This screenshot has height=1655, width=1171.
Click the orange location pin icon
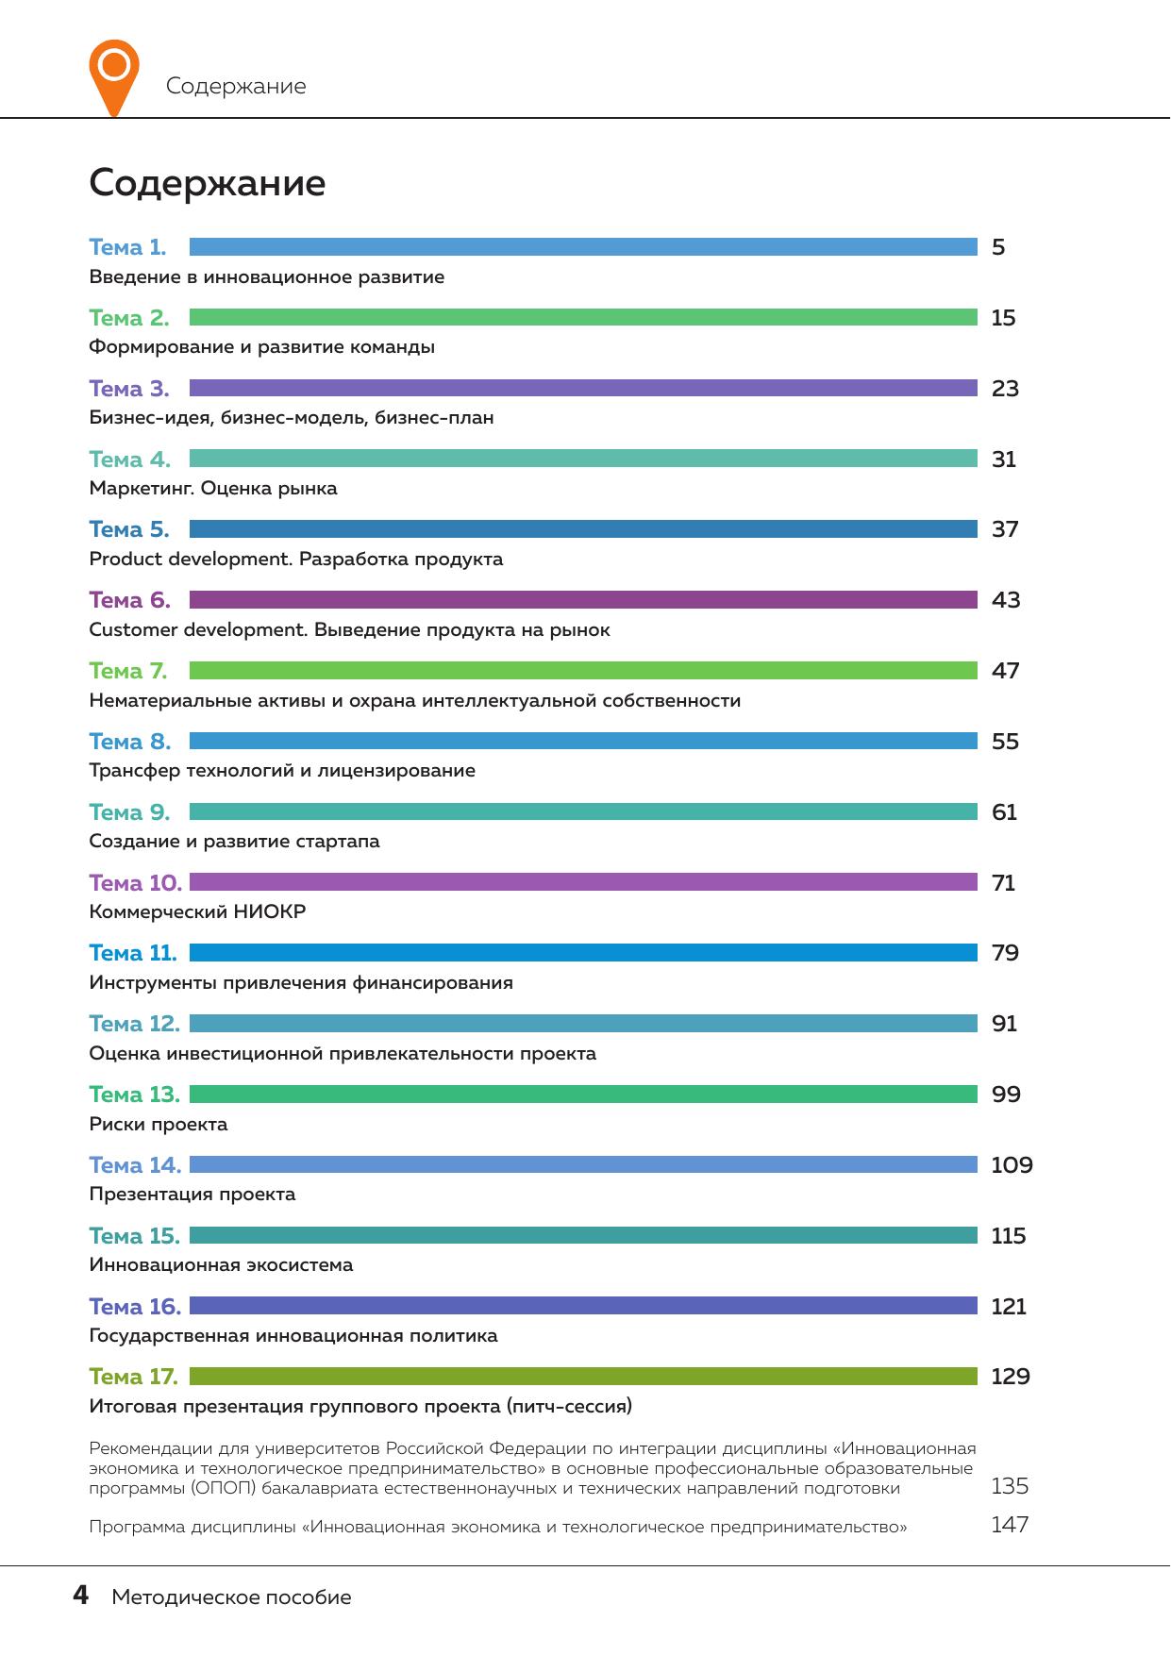point(113,75)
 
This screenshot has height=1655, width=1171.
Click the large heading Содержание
point(207,183)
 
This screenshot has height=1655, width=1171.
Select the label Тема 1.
point(127,247)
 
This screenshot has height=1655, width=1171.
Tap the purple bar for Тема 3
point(583,388)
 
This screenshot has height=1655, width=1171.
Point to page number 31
point(1004,460)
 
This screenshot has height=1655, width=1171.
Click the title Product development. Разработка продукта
point(295,560)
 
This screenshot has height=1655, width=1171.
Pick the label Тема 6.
point(129,600)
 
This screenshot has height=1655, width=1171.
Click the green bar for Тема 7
point(583,671)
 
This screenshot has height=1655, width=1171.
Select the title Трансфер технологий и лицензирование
point(282,771)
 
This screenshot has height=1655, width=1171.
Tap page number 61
point(1004,812)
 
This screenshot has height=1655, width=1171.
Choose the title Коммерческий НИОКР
point(197,912)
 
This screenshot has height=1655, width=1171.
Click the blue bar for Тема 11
point(583,953)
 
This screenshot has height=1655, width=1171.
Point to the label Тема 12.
point(134,1024)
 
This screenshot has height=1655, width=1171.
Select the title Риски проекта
point(159,1125)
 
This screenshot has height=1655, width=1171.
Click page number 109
point(1012,1165)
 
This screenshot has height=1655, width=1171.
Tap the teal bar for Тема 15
point(583,1235)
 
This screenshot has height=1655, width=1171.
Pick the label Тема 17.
point(133,1377)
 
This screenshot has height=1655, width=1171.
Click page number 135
point(1010,1486)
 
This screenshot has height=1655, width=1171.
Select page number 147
point(1010,1525)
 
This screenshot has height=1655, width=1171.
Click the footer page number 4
point(81,1596)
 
